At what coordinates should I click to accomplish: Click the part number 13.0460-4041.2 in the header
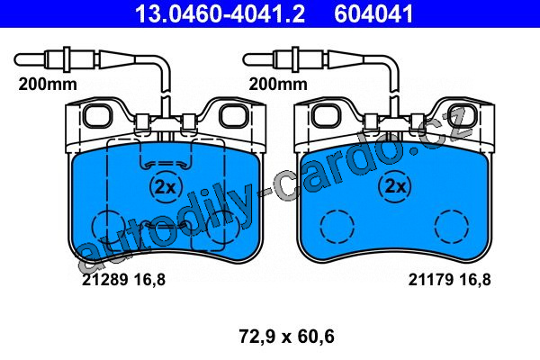tap(220, 14)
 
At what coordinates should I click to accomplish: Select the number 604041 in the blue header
tap(373, 14)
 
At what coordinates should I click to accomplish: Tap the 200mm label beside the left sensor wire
tap(48, 84)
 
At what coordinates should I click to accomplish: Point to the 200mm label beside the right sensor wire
tap(278, 84)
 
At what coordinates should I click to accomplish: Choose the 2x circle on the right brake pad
tap(395, 186)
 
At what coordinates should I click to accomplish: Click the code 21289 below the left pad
tap(104, 279)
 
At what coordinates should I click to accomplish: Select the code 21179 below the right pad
tap(430, 279)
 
